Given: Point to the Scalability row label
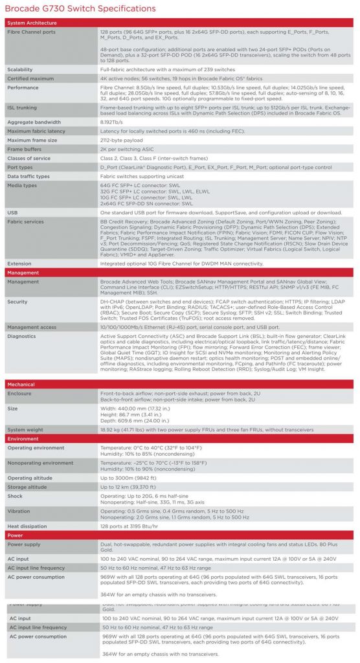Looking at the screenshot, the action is (20, 69).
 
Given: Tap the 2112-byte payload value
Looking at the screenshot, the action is (122, 139).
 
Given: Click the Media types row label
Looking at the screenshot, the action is (22, 185).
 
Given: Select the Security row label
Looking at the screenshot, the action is (17, 301).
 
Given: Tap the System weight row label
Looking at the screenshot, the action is (25, 429).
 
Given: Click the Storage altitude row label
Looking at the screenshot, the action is (27, 486).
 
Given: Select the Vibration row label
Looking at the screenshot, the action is (19, 510).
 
